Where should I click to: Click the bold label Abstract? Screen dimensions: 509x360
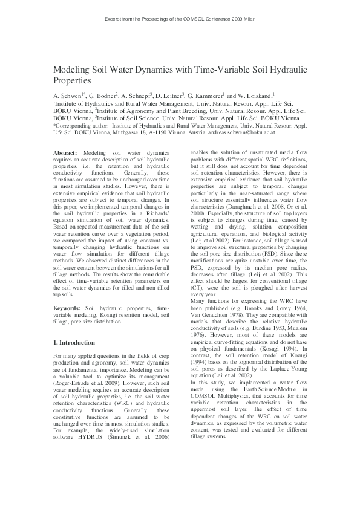pyautogui.click(x=65, y=154)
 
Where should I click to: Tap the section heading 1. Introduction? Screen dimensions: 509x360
pyautogui.click(x=78, y=343)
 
